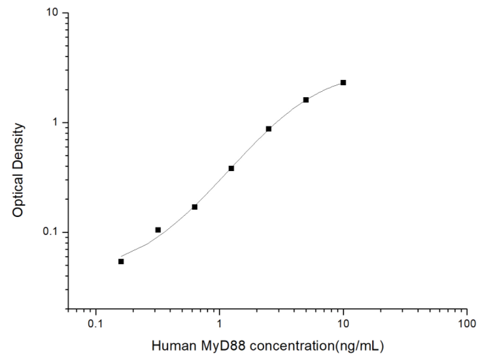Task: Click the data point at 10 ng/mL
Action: (x=343, y=82)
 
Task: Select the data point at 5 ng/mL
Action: (x=306, y=100)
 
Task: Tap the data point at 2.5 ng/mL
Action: (x=269, y=129)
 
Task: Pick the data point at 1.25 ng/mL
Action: (x=231, y=168)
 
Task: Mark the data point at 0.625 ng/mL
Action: (x=194, y=207)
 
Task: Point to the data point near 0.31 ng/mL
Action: (x=158, y=229)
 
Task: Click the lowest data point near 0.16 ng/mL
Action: (x=121, y=261)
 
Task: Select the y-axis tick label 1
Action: (x=58, y=123)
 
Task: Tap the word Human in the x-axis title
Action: (x=171, y=345)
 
